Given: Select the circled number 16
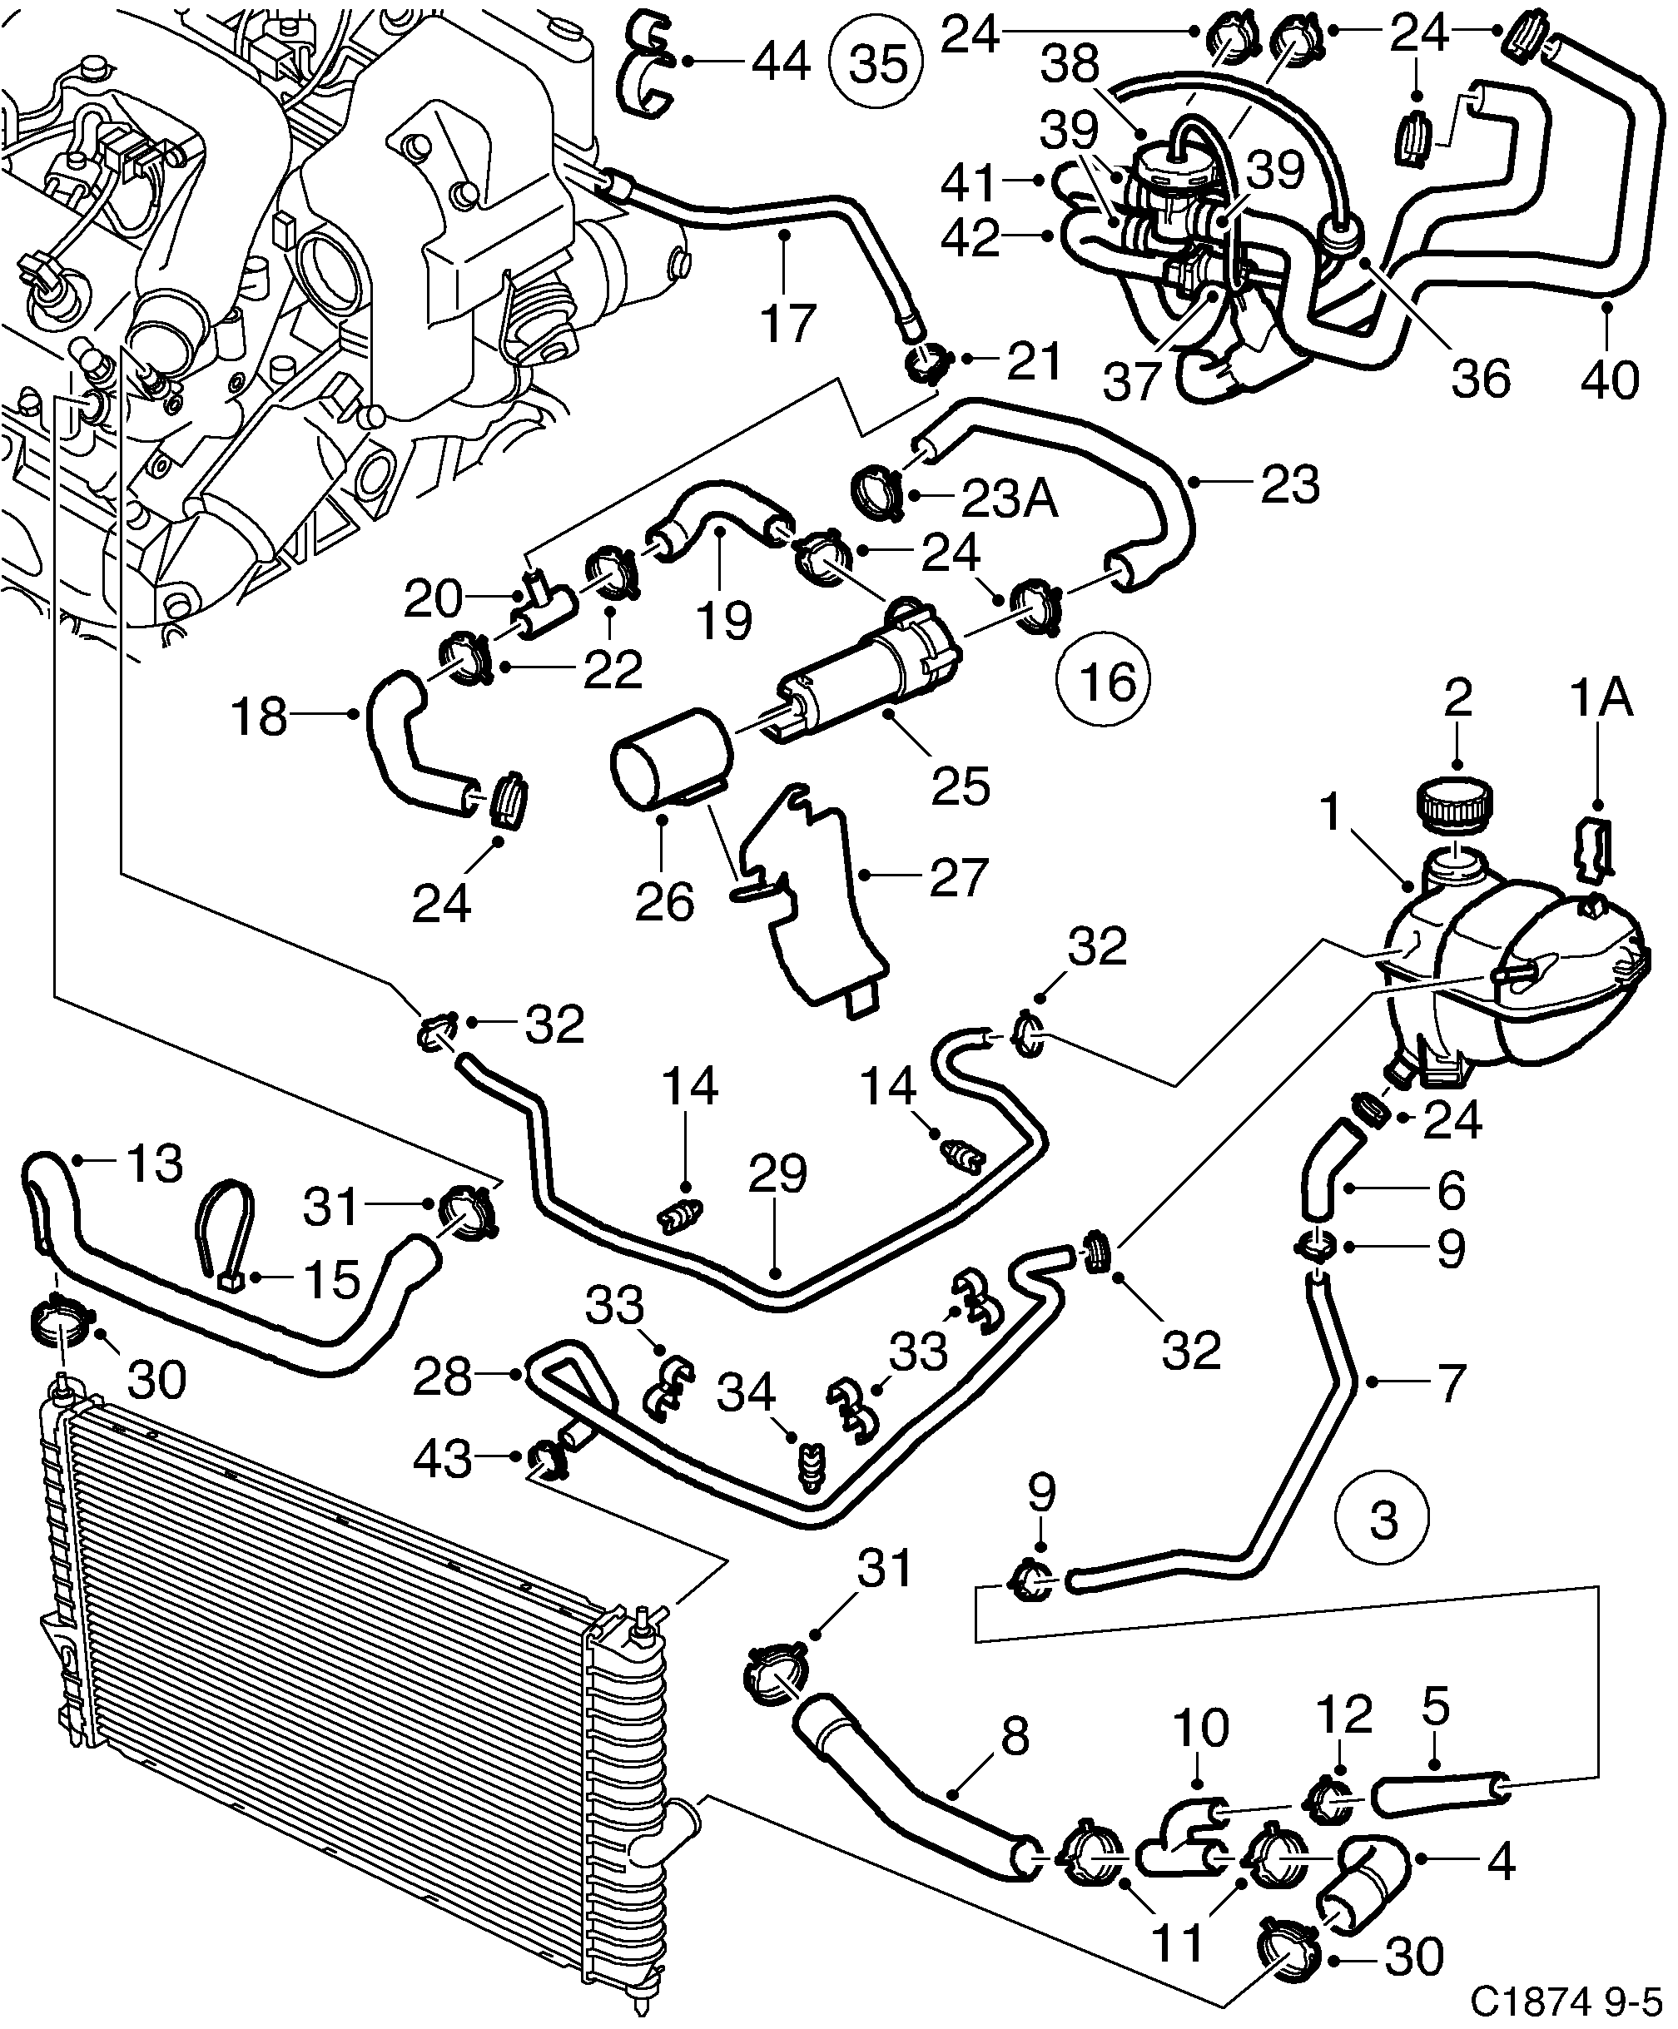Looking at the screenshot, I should (x=1105, y=682).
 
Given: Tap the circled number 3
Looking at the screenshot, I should (x=1383, y=1521).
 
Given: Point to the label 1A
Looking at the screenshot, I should (x=1601, y=698).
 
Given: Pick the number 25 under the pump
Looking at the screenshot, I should (x=961, y=786).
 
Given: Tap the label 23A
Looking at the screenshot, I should (x=1010, y=499).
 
